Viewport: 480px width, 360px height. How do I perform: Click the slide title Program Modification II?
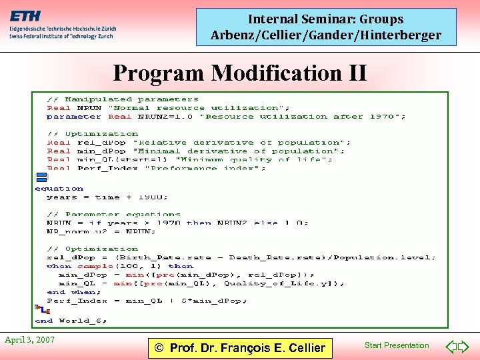point(240,72)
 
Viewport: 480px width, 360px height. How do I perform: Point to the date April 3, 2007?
point(30,340)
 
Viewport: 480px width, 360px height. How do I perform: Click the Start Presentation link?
point(397,345)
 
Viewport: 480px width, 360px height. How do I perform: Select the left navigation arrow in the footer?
point(451,347)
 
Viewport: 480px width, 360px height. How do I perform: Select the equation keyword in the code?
point(59,189)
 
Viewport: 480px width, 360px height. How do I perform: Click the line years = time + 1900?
point(107,197)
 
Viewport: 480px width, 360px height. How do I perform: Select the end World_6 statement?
point(71,321)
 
